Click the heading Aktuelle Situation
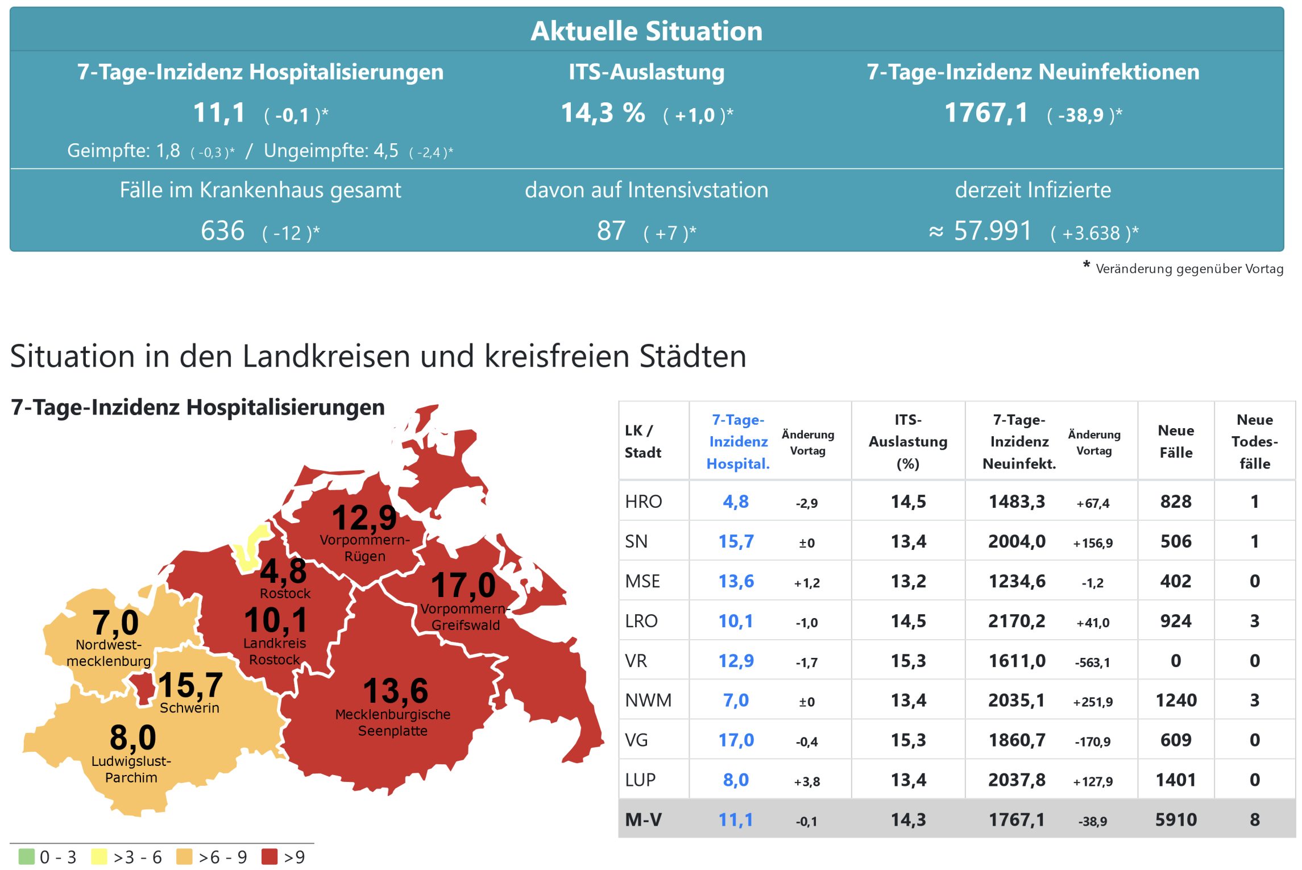(x=646, y=31)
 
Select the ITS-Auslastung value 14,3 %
(x=603, y=113)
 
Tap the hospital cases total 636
(x=222, y=231)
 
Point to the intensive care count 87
(x=611, y=231)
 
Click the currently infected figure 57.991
(x=992, y=231)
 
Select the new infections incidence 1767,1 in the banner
(x=986, y=113)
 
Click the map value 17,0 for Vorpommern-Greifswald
(x=463, y=586)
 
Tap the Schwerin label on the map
(x=189, y=708)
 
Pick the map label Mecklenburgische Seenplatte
(x=393, y=722)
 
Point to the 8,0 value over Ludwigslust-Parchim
(x=132, y=738)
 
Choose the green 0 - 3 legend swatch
(x=26, y=856)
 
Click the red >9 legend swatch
(x=269, y=856)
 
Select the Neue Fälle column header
(x=1175, y=441)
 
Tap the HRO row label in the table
(x=643, y=502)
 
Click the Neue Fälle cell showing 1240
(x=1176, y=700)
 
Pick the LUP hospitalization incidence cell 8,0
(x=736, y=780)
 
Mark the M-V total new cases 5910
(x=1176, y=819)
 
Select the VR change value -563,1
(x=1092, y=662)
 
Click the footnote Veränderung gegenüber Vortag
(x=1189, y=269)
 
